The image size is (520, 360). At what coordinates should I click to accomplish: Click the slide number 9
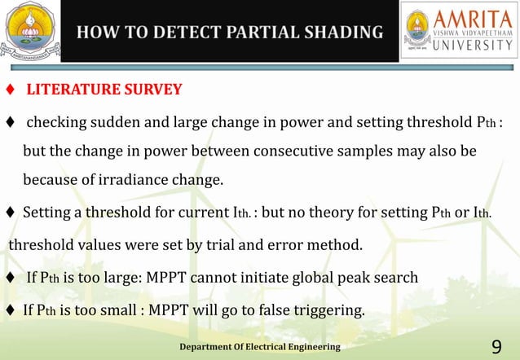tap(497, 348)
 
